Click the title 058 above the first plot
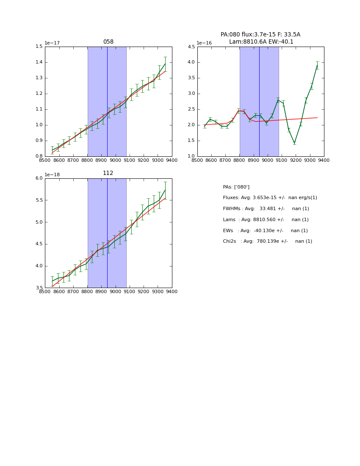[108, 42]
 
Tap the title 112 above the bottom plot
[108, 173]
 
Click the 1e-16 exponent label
[204, 43]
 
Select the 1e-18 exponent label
[52, 175]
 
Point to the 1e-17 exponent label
[52, 43]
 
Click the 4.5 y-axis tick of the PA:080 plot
[191, 47]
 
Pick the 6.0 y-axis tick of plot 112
[39, 178]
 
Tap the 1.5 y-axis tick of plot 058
[39, 47]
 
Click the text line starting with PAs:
[236, 187]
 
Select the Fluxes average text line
[270, 198]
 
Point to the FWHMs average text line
[266, 209]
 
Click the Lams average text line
[266, 220]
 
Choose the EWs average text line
[265, 230]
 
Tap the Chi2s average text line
[267, 241]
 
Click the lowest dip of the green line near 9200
[294, 143]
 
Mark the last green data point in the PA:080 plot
[317, 65]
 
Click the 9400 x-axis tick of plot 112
[172, 291]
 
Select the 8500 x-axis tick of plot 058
[45, 160]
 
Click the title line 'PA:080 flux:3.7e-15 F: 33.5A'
[260, 35]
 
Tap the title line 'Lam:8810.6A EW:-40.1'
[261, 42]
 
